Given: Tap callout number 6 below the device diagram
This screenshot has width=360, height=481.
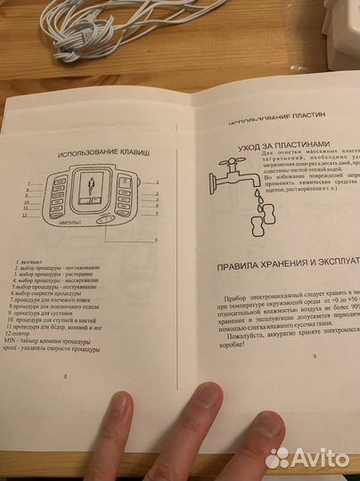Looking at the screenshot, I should (157, 240).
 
